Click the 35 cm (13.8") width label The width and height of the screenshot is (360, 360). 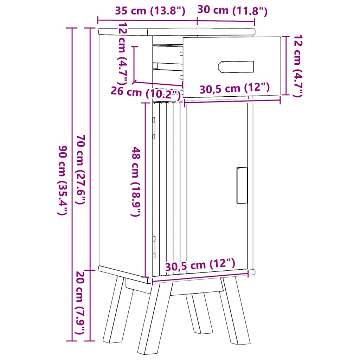coord(150,11)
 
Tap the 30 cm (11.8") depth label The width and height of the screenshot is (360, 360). coord(232,11)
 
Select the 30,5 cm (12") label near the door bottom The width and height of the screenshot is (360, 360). coord(199,264)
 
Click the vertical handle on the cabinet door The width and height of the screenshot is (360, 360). coord(242,185)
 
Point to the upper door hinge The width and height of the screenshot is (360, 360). coord(154,127)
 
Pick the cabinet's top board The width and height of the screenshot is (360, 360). coord(176,31)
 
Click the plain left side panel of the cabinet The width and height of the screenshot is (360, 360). coord(121,151)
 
